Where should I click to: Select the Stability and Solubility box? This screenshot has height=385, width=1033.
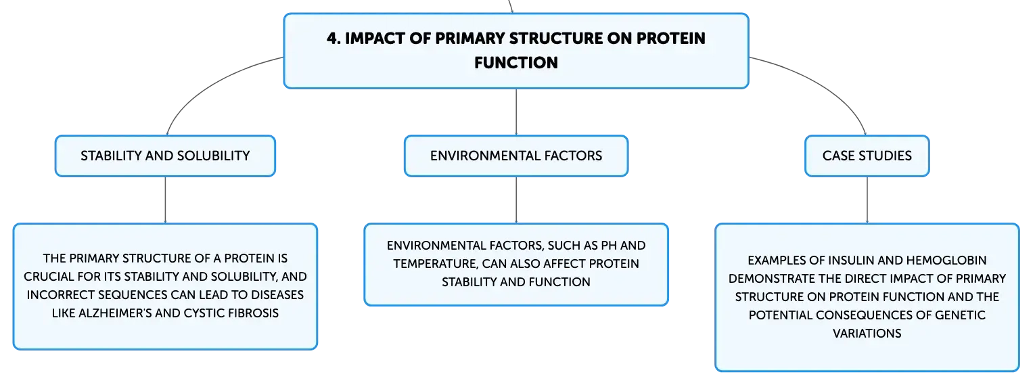click(165, 156)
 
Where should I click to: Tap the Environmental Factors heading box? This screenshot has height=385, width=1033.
click(516, 156)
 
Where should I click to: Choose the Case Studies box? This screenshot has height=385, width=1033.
click(867, 156)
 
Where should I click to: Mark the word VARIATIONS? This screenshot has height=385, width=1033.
click(867, 334)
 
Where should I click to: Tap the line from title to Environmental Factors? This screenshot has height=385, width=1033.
click(516, 112)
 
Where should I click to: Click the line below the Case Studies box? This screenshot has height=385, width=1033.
click(867, 200)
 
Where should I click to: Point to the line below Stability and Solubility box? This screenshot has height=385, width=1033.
click(165, 200)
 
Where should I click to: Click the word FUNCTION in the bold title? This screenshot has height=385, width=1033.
click(516, 63)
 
